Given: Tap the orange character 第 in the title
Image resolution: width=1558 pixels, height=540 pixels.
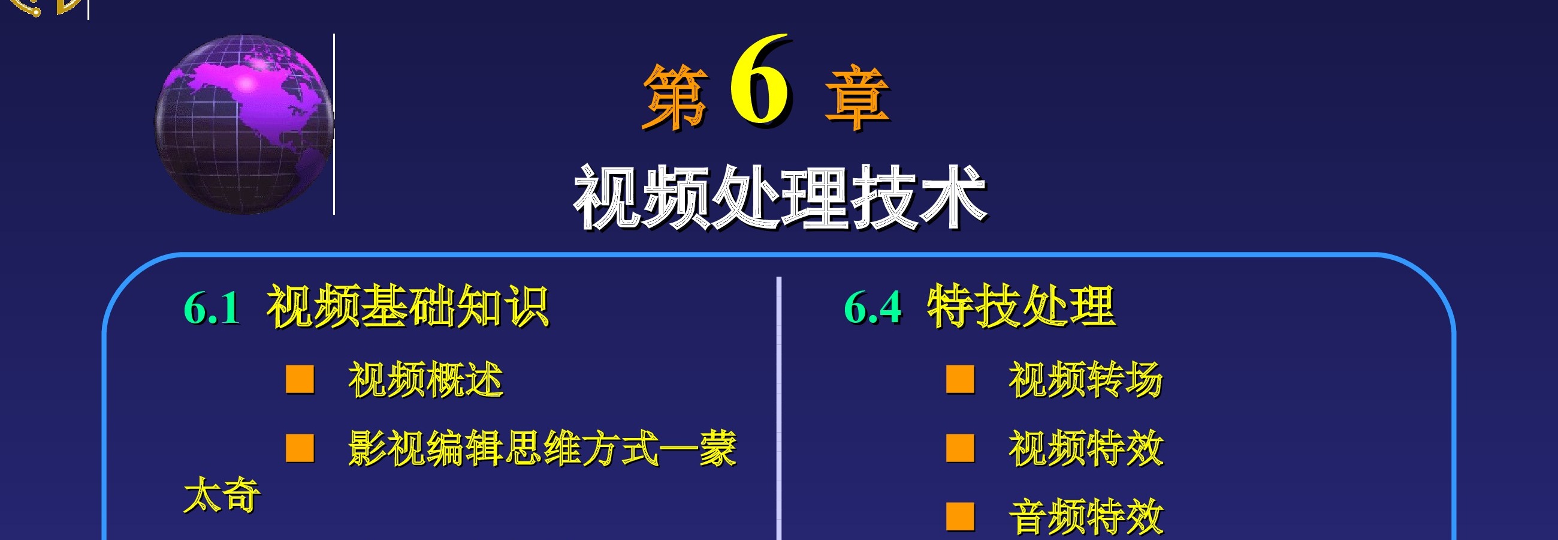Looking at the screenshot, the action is (675, 97).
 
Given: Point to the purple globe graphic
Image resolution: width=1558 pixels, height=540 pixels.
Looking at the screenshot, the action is (244, 124).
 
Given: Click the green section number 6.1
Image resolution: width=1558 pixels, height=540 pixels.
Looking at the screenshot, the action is (212, 308).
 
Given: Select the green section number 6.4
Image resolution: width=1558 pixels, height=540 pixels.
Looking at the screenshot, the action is (872, 308).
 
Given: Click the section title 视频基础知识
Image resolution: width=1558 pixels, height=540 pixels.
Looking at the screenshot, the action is (407, 307).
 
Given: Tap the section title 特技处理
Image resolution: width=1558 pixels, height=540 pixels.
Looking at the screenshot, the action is (1021, 307).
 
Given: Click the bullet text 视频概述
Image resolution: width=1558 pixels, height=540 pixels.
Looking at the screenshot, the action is (426, 380).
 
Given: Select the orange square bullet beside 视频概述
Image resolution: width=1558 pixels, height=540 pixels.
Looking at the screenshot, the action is (300, 379).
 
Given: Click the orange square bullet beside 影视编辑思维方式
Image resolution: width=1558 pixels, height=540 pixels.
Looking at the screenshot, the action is (300, 448).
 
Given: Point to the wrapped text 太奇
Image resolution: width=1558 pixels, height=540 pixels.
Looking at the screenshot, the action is (222, 494).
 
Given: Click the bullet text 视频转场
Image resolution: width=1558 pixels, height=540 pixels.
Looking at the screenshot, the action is (1086, 380).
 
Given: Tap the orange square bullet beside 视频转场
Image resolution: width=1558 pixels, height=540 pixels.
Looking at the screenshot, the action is (961, 379).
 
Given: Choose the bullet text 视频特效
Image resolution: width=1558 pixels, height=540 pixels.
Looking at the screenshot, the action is (1086, 449).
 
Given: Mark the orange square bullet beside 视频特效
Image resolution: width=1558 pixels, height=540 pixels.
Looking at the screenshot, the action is (961, 448).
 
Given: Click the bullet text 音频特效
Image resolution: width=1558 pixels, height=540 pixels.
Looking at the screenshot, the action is (1086, 517).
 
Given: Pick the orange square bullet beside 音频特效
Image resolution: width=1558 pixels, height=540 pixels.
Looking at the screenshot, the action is (961, 517).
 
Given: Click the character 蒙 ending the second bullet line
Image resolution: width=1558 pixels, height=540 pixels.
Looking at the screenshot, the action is (718, 449).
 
